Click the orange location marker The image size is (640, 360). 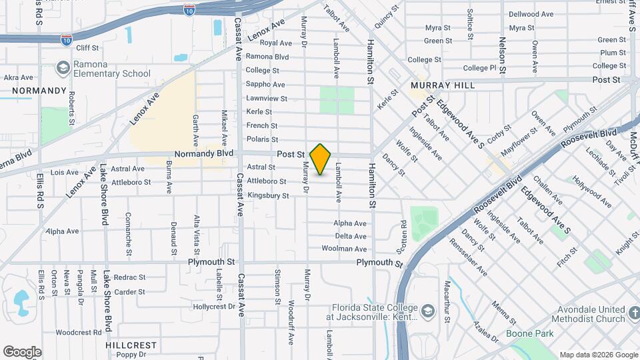click(x=321, y=159)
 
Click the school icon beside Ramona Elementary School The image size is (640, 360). click(x=63, y=68)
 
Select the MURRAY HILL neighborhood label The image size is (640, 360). click(x=443, y=85)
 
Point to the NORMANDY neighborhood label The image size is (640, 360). click(x=39, y=91)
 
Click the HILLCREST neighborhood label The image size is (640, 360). click(x=131, y=345)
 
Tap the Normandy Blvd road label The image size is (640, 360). click(x=205, y=153)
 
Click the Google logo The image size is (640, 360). click(x=22, y=352)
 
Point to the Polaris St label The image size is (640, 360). click(x=262, y=139)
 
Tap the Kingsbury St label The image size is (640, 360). click(x=268, y=196)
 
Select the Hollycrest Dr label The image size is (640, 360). click(x=213, y=307)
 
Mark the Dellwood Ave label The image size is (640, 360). click(x=531, y=14)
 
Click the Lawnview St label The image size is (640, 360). click(x=266, y=99)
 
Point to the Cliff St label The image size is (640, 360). click(x=87, y=48)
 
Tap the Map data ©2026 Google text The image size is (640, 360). click(x=598, y=355)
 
